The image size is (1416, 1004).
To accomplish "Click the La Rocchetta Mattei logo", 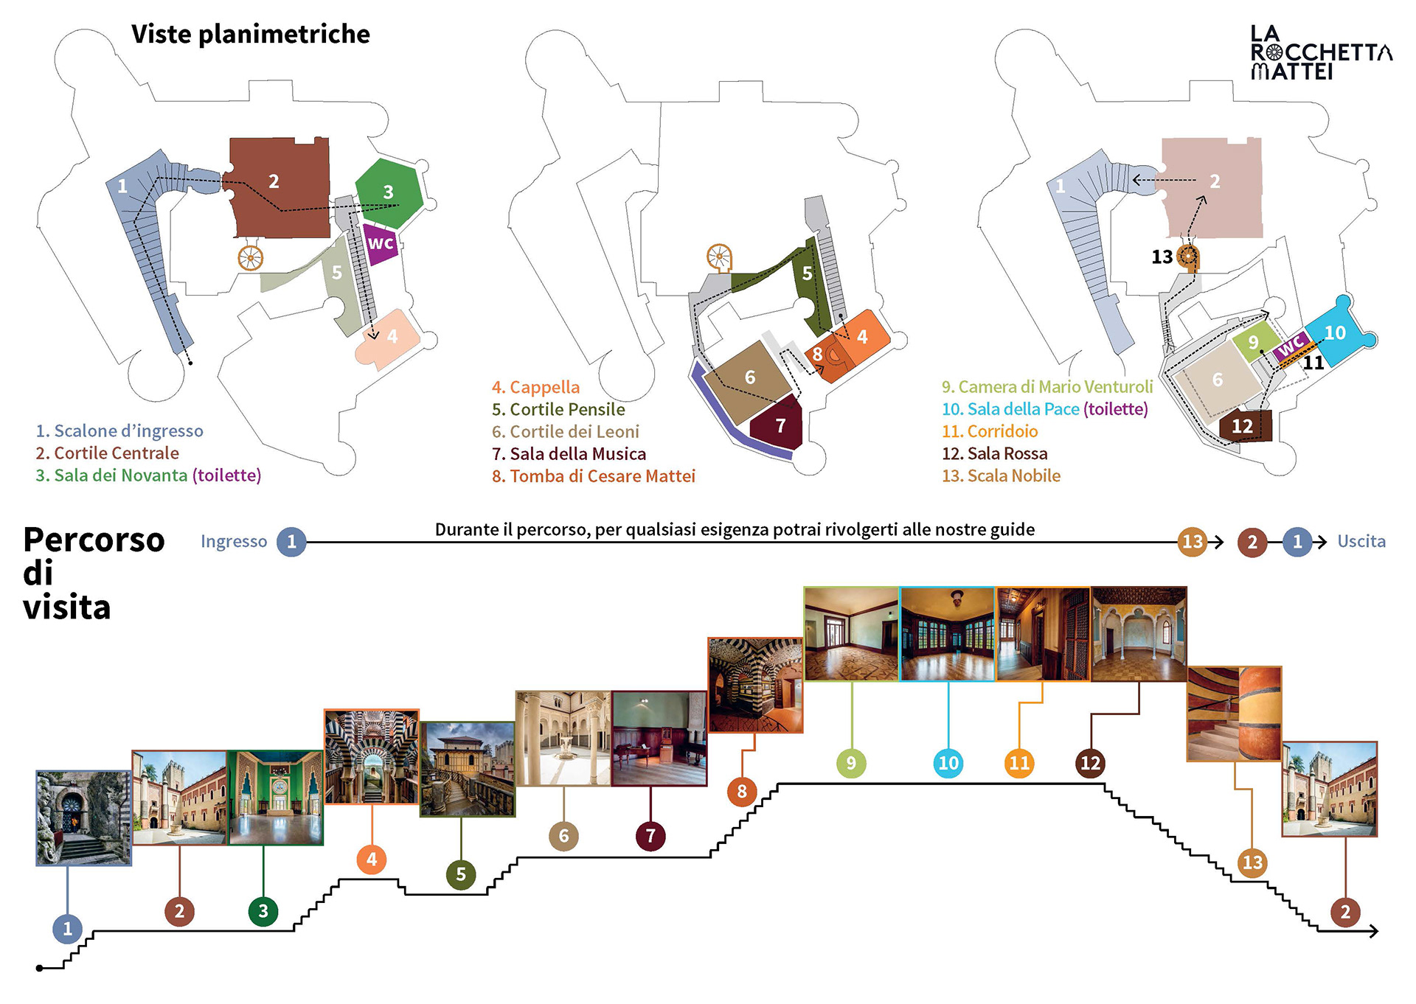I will tap(1320, 52).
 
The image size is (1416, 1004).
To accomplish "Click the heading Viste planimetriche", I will tap(251, 34).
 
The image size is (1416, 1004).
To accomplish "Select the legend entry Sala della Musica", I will tap(569, 453).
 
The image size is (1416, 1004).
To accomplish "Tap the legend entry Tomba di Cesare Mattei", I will tap(594, 476).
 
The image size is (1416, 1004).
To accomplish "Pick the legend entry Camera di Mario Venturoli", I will tap(1047, 387).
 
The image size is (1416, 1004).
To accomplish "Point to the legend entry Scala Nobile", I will tap(1001, 476).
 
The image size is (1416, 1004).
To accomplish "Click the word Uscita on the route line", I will tap(1361, 541).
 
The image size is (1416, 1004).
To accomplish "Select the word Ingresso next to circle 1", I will tap(234, 541).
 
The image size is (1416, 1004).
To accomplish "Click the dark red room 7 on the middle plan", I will tap(779, 424).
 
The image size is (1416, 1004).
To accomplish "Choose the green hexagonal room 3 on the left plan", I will tap(389, 193).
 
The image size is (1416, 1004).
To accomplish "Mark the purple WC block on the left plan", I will tap(381, 243).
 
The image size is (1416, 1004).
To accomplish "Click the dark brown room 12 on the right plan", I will tap(1243, 426).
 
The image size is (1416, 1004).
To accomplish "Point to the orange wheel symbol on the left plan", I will tap(251, 258).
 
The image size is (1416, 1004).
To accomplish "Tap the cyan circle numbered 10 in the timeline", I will tap(948, 763).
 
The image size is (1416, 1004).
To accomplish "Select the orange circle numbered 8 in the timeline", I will tap(742, 792).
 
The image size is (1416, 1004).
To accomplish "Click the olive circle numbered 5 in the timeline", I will tap(461, 874).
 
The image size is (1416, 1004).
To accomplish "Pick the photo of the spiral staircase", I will tap(1234, 713).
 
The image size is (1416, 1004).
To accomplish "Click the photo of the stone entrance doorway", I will tap(83, 818).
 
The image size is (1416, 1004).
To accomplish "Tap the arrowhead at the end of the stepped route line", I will tap(1373, 932).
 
